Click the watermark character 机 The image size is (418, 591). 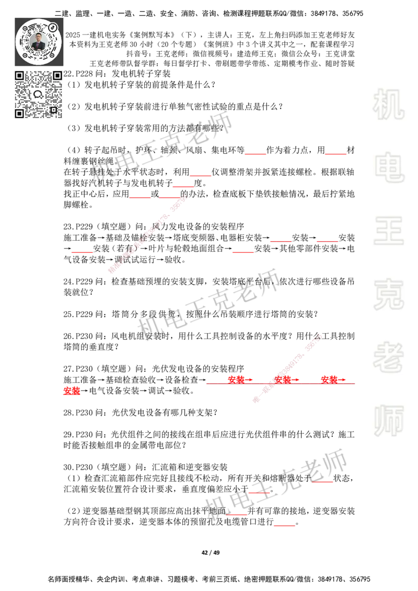pos(388,104)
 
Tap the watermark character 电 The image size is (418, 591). pos(390,167)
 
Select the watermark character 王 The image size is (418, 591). pos(388,231)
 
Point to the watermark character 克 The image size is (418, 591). pos(388,294)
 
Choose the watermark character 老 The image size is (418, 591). pos(388,357)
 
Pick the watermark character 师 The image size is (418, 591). pos(388,421)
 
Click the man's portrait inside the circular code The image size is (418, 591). pos(39,41)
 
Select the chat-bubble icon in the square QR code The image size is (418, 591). pos(38,94)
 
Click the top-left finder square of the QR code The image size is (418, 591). pos(19,76)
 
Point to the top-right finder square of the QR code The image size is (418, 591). pos(57,76)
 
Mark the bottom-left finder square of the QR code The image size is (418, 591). pos(19,113)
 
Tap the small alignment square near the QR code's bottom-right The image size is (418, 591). pos(53,110)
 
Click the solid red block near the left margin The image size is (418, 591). pos(72,391)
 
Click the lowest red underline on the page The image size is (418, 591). pos(284,526)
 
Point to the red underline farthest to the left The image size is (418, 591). pos(82,253)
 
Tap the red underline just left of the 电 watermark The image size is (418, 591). pos(335,154)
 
